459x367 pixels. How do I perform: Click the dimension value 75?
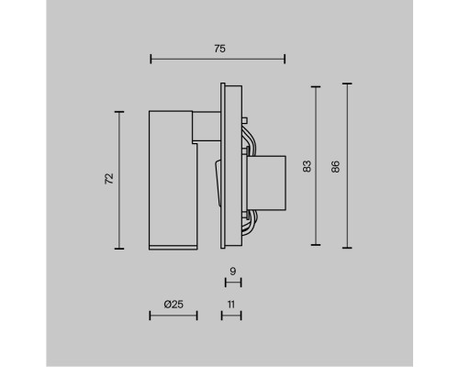(217, 48)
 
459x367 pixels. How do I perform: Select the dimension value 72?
(108, 179)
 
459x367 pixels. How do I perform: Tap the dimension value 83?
(307, 166)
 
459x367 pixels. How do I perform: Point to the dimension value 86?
(336, 166)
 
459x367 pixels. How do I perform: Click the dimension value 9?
(233, 272)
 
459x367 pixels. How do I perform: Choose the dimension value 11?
(231, 303)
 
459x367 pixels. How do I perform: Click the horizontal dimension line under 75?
(217, 60)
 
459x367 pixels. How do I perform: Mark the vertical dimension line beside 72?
(120, 179)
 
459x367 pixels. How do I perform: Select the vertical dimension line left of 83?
(317, 166)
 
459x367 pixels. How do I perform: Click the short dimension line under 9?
(233, 283)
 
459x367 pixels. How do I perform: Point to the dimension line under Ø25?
(173, 317)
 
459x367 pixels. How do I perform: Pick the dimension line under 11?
(230, 317)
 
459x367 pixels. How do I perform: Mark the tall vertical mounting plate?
(231, 166)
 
